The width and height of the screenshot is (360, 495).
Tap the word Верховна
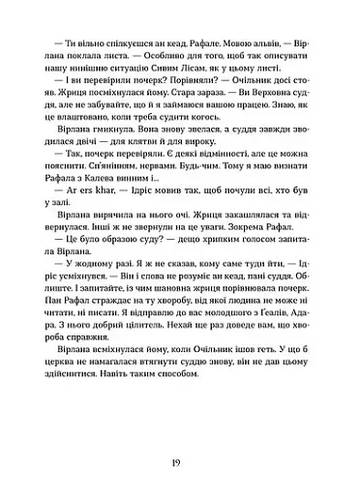280,98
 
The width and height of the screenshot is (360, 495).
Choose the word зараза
228,98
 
